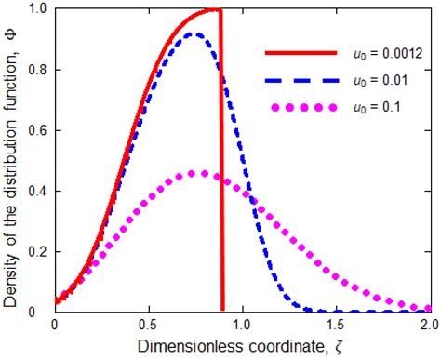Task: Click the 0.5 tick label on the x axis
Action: pyautogui.click(x=148, y=327)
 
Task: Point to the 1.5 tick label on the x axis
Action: pyautogui.click(x=335, y=327)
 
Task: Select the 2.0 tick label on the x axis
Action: pyautogui.click(x=427, y=327)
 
